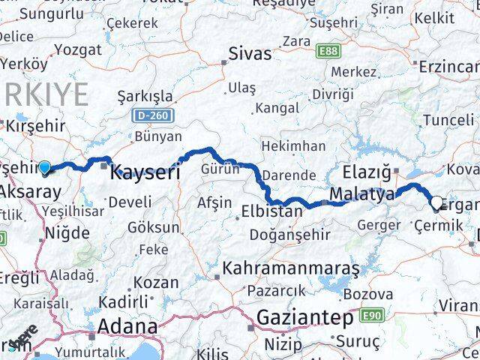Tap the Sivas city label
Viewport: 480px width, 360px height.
point(249,53)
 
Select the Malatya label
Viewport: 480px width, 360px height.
point(361,195)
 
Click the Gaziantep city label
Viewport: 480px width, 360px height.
point(304,318)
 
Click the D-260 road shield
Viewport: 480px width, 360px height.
point(154,115)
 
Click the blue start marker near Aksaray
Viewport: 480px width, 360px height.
point(45,167)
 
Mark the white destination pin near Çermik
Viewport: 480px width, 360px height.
point(437,202)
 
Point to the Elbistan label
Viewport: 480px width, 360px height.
point(271,211)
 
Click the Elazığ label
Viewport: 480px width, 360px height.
point(366,172)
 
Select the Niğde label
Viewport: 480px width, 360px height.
point(67,232)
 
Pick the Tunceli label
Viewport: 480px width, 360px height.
point(448,120)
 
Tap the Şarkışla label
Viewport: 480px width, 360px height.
point(145,97)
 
